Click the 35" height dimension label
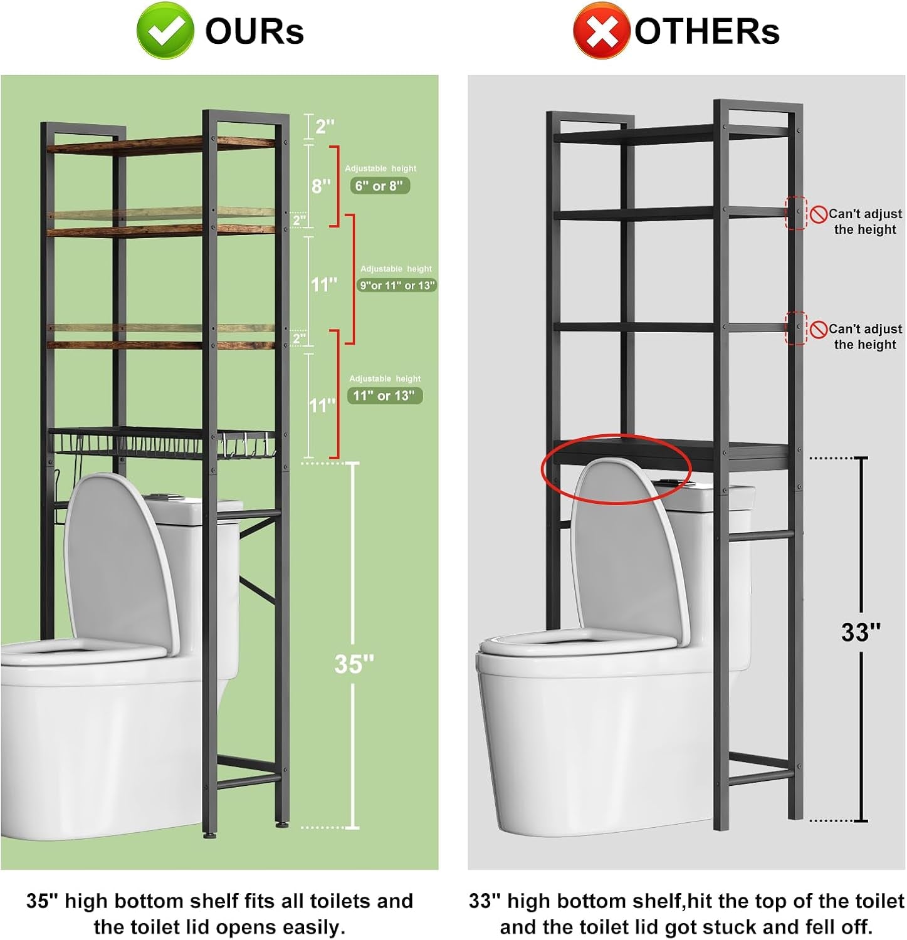pyautogui.click(x=354, y=664)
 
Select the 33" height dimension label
pyautogui.click(x=861, y=632)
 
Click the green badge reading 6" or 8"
pyautogui.click(x=380, y=185)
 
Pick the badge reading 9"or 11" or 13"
pyautogui.click(x=397, y=285)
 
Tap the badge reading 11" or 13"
pyautogui.click(x=384, y=395)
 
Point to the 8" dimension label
pyautogui.click(x=321, y=185)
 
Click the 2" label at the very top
pyautogui.click(x=325, y=127)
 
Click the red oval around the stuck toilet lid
pyautogui.click(x=616, y=469)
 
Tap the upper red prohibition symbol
pyautogui.click(x=818, y=214)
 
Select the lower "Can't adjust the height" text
pyautogui.click(x=865, y=337)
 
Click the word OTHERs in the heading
pyautogui.click(x=707, y=31)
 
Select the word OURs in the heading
pyautogui.click(x=254, y=31)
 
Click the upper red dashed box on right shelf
pyautogui.click(x=797, y=213)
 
